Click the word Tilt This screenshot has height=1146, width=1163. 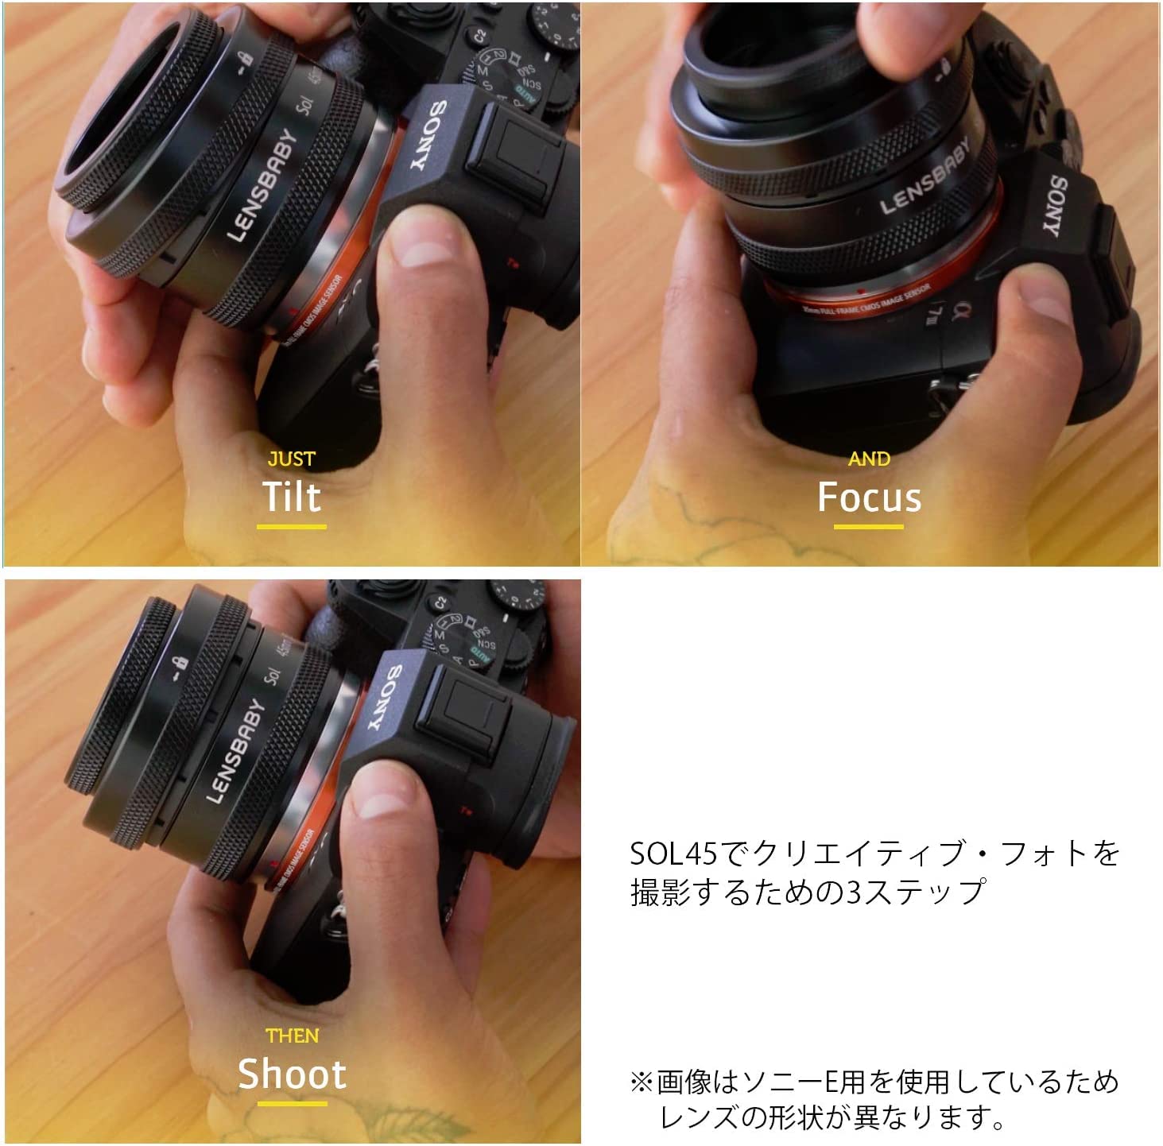pyautogui.click(x=292, y=497)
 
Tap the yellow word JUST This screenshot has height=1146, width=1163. pyautogui.click(x=292, y=459)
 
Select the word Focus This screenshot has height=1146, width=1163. pyautogui.click(x=869, y=498)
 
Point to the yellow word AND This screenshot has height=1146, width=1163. pyautogui.click(x=869, y=459)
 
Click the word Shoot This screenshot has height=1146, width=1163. pyautogui.click(x=292, y=1074)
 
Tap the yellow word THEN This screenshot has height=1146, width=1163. pyautogui.click(x=292, y=1036)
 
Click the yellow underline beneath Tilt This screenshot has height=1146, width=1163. pyautogui.click(x=292, y=526)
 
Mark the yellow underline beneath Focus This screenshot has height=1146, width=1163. pyautogui.click(x=869, y=526)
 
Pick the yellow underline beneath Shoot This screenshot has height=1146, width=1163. pyautogui.click(x=292, y=1103)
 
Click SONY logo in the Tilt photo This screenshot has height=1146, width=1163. pyautogui.click(x=429, y=136)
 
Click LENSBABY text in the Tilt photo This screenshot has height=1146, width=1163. pyautogui.click(x=262, y=184)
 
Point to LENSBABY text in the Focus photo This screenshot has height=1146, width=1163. pyautogui.click(x=925, y=176)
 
